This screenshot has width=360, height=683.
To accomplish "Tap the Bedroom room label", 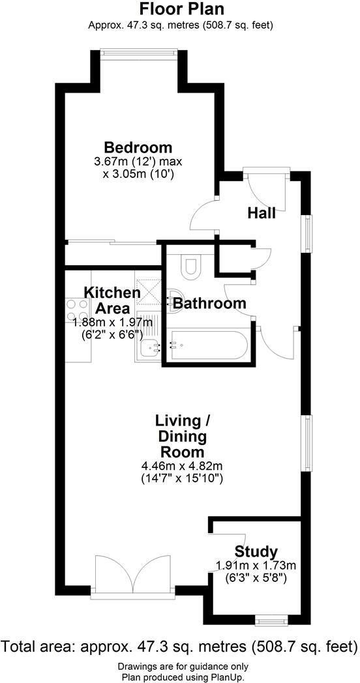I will [138, 147].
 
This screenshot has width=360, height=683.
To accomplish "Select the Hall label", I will [261, 213].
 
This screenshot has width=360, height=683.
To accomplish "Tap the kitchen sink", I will [148, 349].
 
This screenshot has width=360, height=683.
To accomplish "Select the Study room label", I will [256, 551].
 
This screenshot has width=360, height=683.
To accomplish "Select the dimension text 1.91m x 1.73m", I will [256, 565].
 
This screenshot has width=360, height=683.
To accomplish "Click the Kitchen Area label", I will [112, 300].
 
